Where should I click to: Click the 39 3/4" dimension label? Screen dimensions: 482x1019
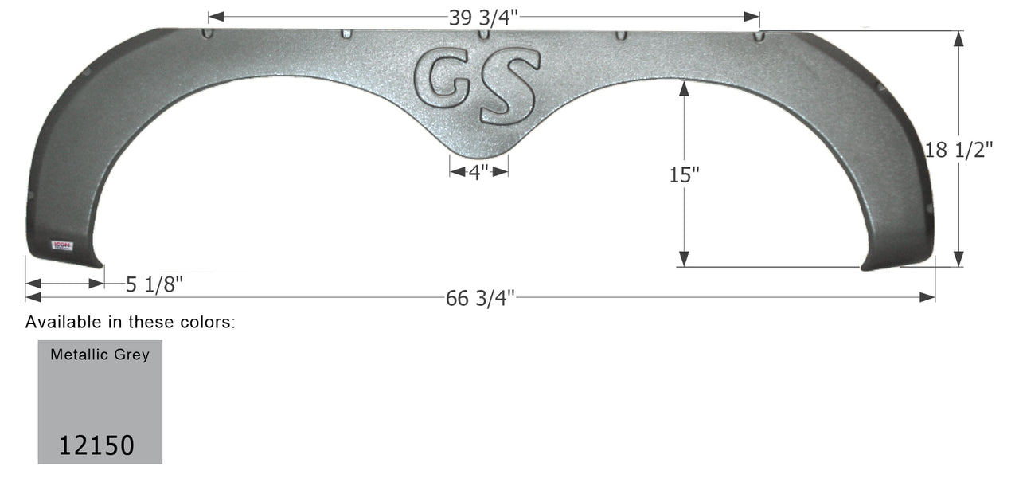tap(484, 18)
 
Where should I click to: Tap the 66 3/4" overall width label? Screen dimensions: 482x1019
tap(480, 299)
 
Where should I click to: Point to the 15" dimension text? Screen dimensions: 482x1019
tap(683, 175)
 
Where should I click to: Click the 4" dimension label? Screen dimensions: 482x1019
tap(478, 172)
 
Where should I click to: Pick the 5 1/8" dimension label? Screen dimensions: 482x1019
tap(154, 284)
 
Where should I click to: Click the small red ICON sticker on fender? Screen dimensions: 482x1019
tap(62, 245)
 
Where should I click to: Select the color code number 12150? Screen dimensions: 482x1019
tap(96, 445)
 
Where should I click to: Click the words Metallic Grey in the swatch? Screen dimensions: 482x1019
tap(100, 355)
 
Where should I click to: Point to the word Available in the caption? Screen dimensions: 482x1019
tap(57, 323)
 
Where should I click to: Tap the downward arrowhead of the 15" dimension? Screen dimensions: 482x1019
tap(683, 260)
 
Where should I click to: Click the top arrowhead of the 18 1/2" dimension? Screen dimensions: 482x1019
tap(958, 37)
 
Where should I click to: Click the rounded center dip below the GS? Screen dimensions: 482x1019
tap(478, 147)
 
